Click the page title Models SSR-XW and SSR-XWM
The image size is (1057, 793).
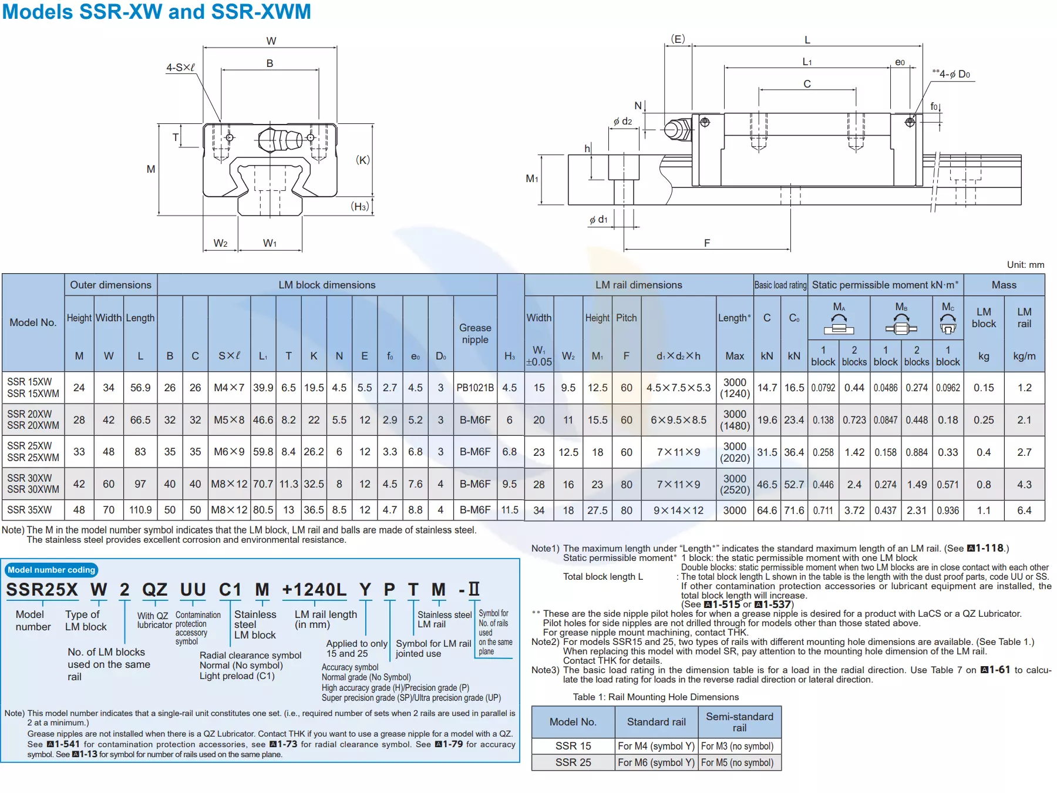(x=156, y=12)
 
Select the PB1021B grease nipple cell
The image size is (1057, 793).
(x=475, y=388)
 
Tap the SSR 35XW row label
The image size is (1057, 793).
(x=29, y=510)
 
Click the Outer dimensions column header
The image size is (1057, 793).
(x=110, y=285)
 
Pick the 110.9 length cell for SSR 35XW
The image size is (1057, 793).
(x=140, y=510)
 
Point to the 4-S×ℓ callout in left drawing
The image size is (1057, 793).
(x=180, y=68)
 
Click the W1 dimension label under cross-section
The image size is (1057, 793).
(x=270, y=243)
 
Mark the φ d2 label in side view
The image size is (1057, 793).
(x=623, y=121)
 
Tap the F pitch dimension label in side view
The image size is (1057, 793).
(x=707, y=243)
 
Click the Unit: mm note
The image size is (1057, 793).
(x=1025, y=265)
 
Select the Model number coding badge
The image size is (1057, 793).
(x=51, y=570)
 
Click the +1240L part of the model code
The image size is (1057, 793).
(x=314, y=590)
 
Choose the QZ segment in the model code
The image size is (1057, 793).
(x=155, y=590)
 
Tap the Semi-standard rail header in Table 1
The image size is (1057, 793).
(x=739, y=722)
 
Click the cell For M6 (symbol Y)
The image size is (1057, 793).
(x=656, y=762)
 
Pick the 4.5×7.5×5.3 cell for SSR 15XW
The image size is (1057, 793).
(x=678, y=388)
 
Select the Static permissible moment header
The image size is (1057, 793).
(x=885, y=285)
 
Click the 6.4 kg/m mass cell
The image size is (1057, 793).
(x=1024, y=510)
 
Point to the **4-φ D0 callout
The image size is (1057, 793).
(x=951, y=74)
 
